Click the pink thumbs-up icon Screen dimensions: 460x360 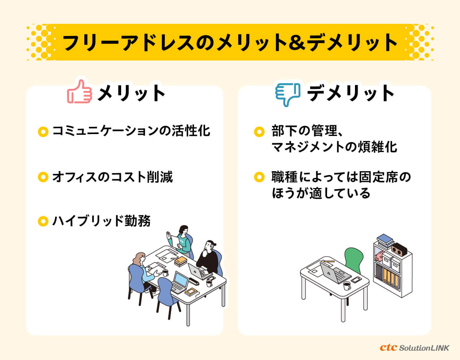(80, 92)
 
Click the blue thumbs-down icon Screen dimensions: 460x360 (288, 95)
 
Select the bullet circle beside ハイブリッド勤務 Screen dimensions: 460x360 (43, 221)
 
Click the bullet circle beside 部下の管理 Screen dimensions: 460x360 (259, 132)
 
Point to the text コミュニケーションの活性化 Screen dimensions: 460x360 (131, 131)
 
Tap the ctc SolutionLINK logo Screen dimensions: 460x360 (414, 347)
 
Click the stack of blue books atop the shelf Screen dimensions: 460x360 (385, 241)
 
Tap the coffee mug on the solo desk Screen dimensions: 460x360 (347, 286)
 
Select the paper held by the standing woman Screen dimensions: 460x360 (176, 241)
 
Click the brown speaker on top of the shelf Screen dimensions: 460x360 (399, 249)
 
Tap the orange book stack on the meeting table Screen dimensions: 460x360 (181, 261)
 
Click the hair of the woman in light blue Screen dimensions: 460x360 (138, 259)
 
